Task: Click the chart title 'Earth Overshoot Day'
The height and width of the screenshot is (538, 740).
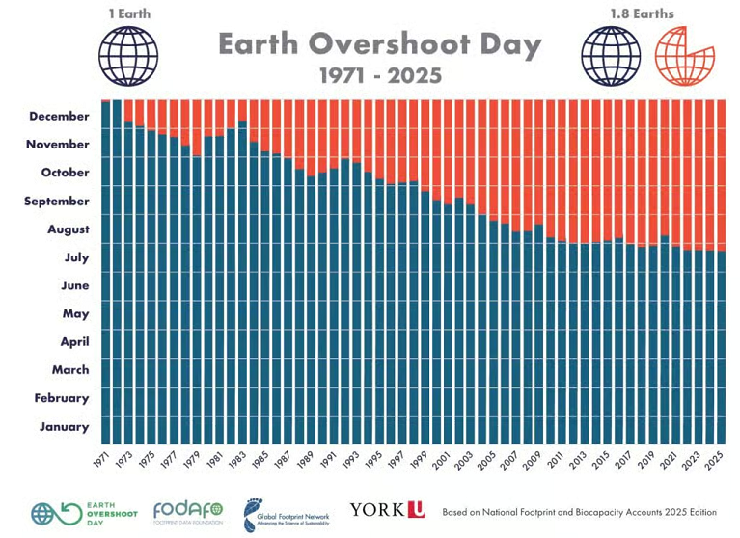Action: (379, 44)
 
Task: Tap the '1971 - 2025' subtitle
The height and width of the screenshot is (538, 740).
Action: (380, 75)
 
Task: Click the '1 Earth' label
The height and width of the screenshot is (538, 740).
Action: (127, 13)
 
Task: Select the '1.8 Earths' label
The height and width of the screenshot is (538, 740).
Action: (643, 13)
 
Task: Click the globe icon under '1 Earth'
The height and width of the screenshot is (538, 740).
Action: (127, 55)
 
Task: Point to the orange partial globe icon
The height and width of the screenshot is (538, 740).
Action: (681, 55)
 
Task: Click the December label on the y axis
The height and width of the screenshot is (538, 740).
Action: (60, 117)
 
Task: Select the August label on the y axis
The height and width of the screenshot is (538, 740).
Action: (69, 229)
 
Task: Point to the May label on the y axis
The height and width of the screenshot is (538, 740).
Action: (76, 313)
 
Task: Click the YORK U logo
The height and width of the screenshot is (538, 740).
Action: (387, 509)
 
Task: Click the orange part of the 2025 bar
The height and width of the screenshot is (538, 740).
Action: (720, 174)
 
